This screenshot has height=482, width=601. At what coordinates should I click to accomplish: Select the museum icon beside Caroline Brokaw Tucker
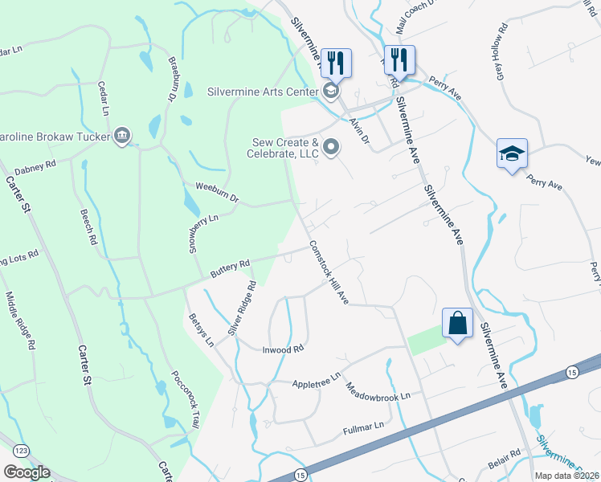(x=122, y=134)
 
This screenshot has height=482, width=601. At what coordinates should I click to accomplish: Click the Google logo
(x=27, y=472)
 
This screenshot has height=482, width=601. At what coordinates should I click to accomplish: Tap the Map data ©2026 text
(x=566, y=476)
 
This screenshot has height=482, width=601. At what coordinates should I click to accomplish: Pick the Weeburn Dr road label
(x=217, y=193)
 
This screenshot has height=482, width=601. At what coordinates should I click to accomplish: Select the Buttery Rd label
(x=231, y=267)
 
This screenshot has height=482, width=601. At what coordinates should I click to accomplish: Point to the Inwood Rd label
(x=282, y=349)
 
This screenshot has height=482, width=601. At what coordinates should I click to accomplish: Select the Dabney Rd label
(x=35, y=167)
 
